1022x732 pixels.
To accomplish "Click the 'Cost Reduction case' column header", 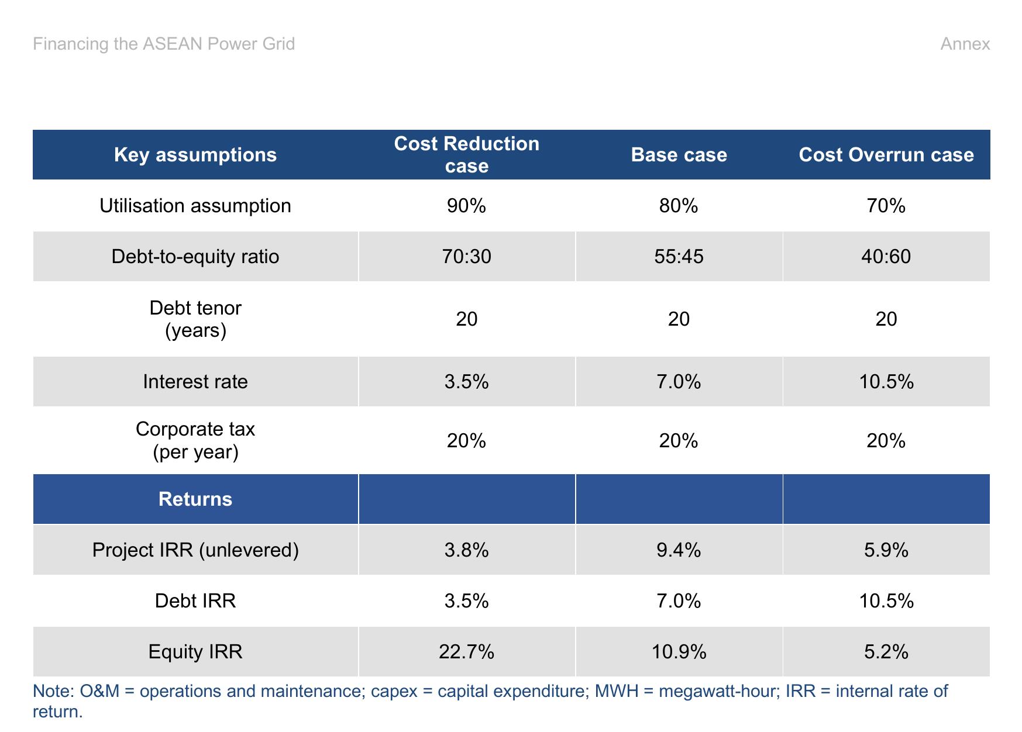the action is point(466,154).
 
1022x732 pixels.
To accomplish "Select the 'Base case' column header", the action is point(679,154).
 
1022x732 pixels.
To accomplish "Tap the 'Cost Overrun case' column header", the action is point(886,154).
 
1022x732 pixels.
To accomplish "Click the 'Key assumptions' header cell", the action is point(195,154).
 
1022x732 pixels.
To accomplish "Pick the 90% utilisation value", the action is point(466,206).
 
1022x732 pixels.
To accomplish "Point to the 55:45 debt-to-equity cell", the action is point(679,257).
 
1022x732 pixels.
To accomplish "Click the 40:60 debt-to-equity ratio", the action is point(886,257).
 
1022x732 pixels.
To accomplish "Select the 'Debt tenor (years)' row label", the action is point(195,319).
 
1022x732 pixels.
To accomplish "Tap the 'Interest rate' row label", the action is point(195,382).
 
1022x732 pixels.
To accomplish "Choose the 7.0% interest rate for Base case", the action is point(679,382).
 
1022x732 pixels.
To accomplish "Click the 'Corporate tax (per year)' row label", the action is point(195,440).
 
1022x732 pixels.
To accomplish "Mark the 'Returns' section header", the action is point(195,499).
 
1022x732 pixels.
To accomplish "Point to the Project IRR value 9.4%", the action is point(679,550).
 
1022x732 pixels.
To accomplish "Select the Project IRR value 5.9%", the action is point(886,550).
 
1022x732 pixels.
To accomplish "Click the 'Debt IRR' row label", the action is point(195,601).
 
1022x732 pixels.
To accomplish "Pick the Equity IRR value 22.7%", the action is point(466,652).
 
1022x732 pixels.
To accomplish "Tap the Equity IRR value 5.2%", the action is point(886,652).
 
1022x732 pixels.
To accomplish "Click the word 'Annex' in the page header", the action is point(965,44).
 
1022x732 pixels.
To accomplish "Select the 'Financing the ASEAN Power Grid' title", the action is point(164,44).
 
